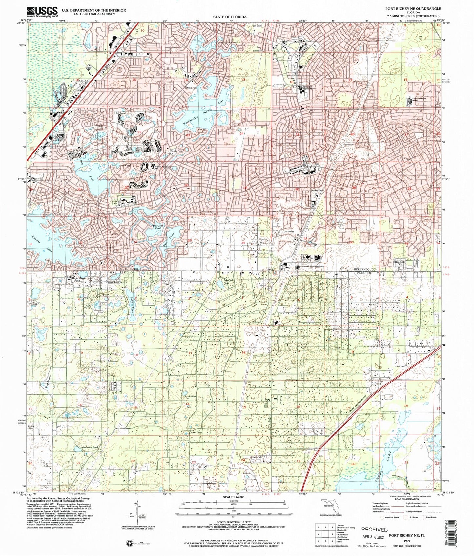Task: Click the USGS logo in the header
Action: (42, 12)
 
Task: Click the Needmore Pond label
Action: (81, 447)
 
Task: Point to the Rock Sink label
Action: (191, 397)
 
